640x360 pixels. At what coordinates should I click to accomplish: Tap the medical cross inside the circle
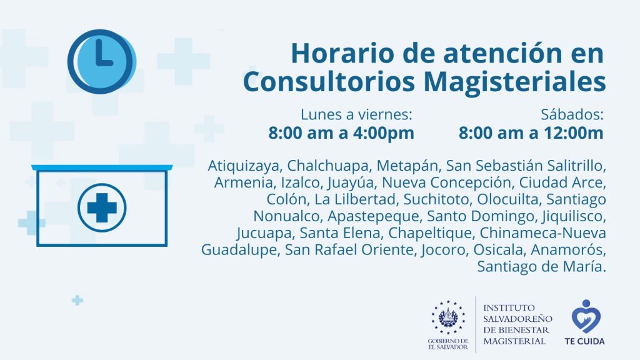[x=102, y=207]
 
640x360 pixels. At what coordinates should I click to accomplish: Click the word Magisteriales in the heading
[x=514, y=82]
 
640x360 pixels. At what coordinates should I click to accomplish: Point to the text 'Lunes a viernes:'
[x=356, y=115]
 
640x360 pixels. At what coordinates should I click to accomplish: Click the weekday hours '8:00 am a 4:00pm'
[x=341, y=133]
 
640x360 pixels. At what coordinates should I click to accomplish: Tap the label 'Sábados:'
[x=572, y=115]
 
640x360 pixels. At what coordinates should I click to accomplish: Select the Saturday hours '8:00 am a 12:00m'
[x=531, y=133]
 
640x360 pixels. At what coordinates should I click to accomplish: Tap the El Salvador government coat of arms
[x=448, y=317]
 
